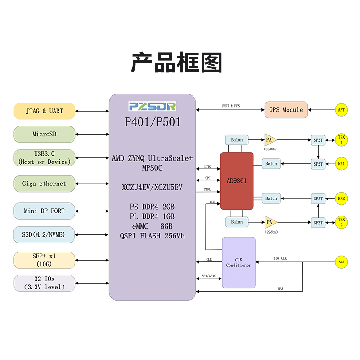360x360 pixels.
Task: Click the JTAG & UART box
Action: click(x=44, y=111)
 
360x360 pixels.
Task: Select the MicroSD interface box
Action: click(x=44, y=134)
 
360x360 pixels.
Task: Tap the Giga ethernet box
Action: click(x=44, y=184)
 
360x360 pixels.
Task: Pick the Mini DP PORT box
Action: click(x=44, y=211)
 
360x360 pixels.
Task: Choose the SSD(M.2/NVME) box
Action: click(x=44, y=234)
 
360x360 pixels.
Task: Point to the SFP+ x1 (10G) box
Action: click(x=44, y=260)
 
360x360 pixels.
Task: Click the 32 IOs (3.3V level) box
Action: click(x=44, y=283)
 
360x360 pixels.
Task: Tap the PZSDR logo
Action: click(x=153, y=106)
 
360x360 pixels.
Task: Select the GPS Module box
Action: click(x=286, y=110)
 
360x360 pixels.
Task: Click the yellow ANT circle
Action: click(x=341, y=109)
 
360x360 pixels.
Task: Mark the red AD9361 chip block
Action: click(x=237, y=180)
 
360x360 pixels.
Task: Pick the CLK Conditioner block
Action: click(x=238, y=262)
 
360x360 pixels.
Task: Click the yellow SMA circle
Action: click(x=341, y=262)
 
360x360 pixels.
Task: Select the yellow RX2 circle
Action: click(x=341, y=198)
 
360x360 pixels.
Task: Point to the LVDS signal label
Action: click(x=208, y=166)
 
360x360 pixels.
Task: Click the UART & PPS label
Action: click(x=231, y=106)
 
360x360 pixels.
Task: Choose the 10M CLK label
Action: click(x=281, y=258)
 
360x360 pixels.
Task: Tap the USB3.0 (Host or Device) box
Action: click(x=44, y=158)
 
